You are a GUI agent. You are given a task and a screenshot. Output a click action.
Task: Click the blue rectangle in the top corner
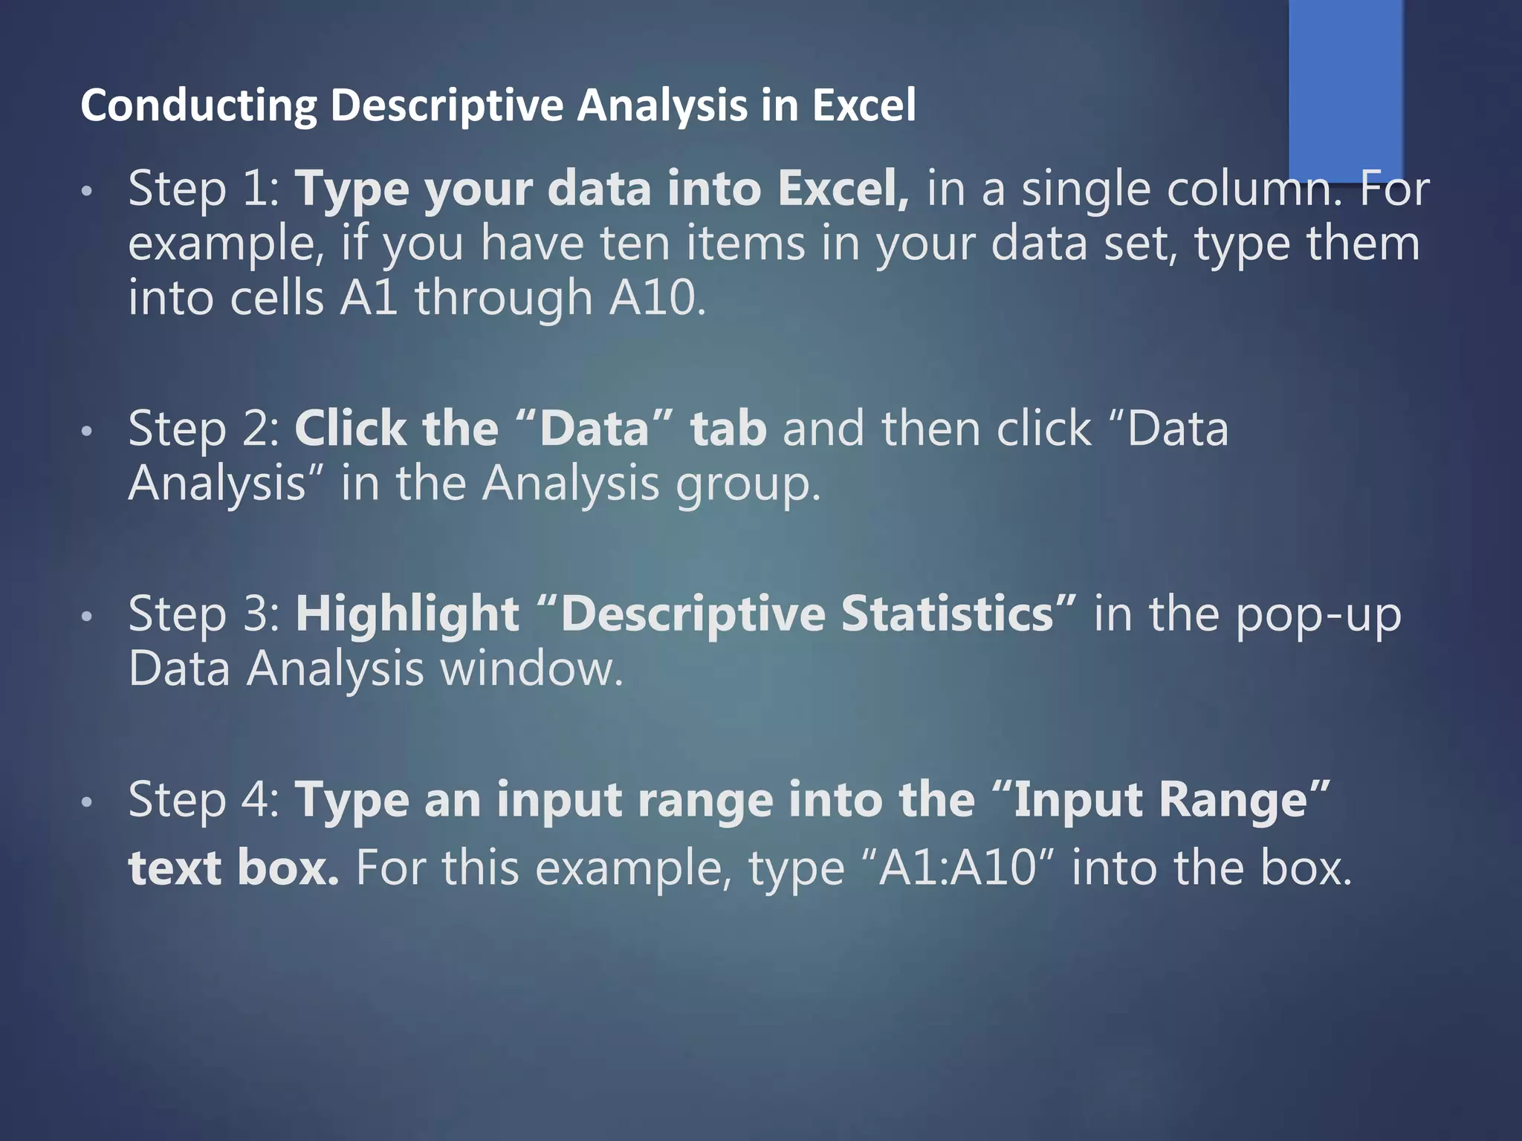(1345, 89)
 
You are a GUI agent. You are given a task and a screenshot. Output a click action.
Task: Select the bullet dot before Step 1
(87, 192)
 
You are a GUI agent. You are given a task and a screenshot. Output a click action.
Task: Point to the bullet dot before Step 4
(87, 802)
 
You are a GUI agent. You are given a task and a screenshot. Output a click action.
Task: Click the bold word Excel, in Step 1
(843, 189)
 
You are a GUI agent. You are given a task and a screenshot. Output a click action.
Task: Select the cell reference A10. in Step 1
(657, 298)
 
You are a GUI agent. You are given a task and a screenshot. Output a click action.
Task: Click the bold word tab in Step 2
(728, 429)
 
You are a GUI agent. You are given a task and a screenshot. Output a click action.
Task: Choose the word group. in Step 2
(748, 485)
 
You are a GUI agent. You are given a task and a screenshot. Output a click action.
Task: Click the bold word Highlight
(407, 614)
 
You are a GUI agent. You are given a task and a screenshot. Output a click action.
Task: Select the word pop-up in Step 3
(1318, 616)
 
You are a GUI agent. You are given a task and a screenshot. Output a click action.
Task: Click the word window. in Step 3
(531, 669)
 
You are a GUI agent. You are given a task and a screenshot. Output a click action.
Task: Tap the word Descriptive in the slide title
(447, 105)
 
